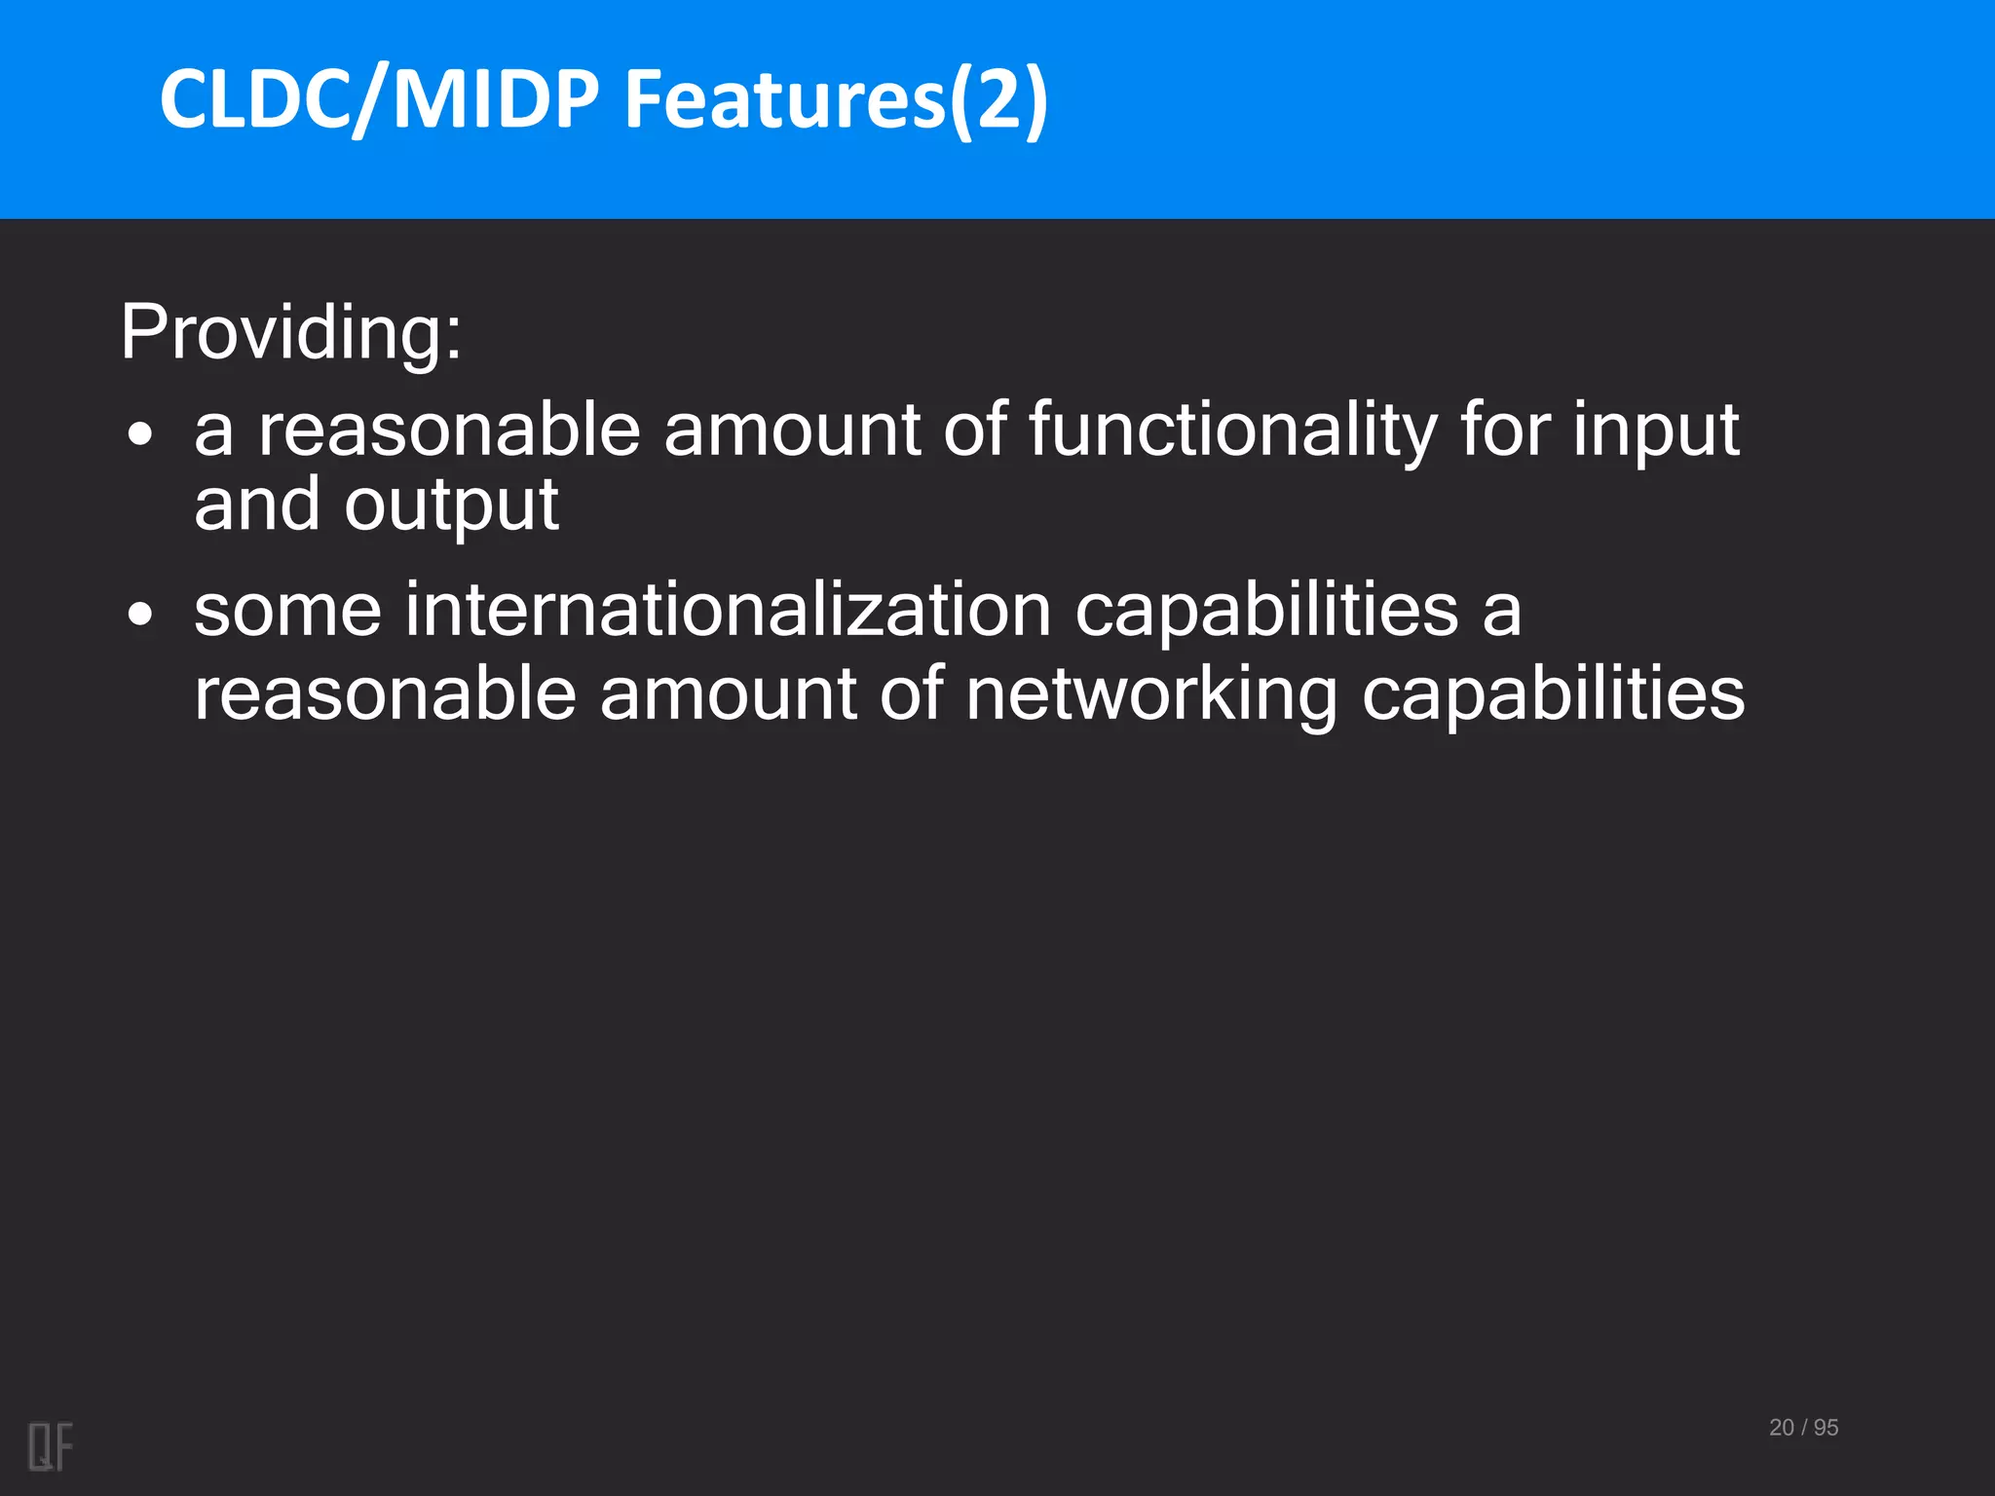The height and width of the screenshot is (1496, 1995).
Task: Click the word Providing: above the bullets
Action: (290, 333)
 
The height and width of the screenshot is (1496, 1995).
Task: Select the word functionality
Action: (1232, 430)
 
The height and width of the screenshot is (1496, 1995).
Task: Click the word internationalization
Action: (729, 610)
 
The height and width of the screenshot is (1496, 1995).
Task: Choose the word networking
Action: (1151, 694)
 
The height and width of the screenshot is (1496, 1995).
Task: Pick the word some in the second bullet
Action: (287, 610)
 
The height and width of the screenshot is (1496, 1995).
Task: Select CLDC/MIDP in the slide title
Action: (380, 99)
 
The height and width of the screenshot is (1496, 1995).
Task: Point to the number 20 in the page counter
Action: (1781, 1428)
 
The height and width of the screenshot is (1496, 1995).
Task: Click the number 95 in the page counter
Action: (1826, 1428)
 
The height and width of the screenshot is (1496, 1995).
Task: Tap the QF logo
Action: (51, 1446)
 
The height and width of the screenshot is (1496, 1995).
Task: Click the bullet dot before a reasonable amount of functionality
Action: (140, 434)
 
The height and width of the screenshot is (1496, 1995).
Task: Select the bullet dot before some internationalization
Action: (140, 615)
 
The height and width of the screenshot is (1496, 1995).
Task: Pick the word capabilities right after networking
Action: (1553, 694)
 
